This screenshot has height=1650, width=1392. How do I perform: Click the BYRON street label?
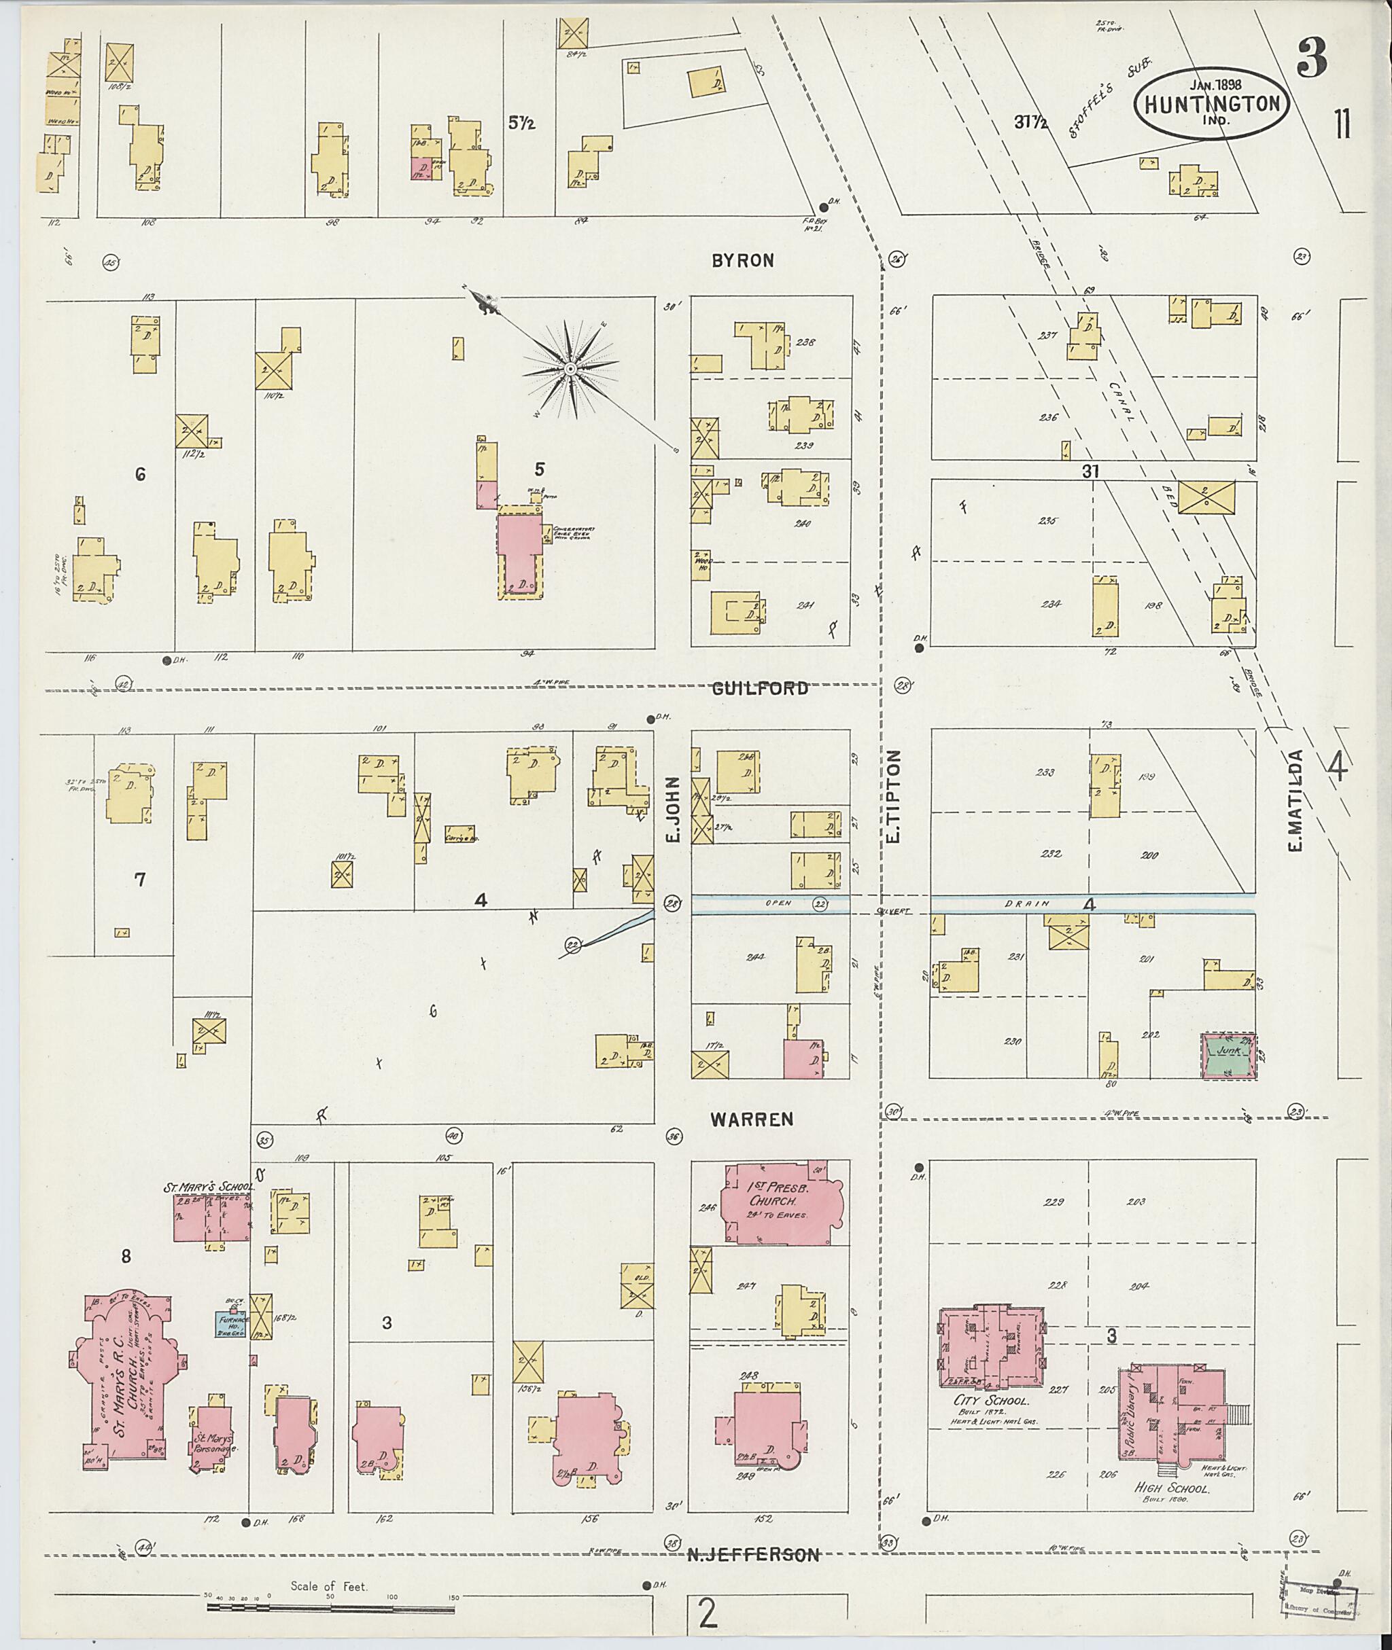pos(742,261)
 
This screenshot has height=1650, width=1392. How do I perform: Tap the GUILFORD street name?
pos(760,689)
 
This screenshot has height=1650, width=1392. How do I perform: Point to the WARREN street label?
pos(751,1119)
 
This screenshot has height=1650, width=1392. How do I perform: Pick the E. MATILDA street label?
pos(1295,801)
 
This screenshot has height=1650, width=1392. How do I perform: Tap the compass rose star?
pos(569,369)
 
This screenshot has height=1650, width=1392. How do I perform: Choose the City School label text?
pos(991,1401)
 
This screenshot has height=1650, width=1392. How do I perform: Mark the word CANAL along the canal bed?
pos(1119,402)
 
